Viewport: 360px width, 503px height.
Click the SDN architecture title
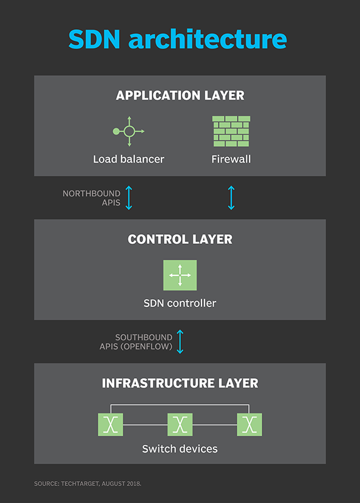pyautogui.click(x=177, y=39)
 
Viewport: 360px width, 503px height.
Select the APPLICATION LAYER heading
pyautogui.click(x=180, y=95)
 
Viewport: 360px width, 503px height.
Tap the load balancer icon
pyautogui.click(x=129, y=131)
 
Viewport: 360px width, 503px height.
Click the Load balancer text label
pyautogui.click(x=129, y=159)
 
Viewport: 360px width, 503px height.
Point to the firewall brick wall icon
pyautogui.click(x=231, y=131)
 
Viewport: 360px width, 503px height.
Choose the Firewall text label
pyautogui.click(x=231, y=159)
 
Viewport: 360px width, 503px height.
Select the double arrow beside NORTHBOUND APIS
pyautogui.click(x=129, y=198)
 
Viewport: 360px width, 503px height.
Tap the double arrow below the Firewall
pyautogui.click(x=231, y=198)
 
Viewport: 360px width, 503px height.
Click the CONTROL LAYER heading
pyautogui.click(x=180, y=239)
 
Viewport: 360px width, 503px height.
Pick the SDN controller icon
pyautogui.click(x=180, y=275)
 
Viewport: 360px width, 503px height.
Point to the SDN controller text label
pyautogui.click(x=180, y=303)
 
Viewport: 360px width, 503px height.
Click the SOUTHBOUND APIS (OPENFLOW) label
pyautogui.click(x=136, y=342)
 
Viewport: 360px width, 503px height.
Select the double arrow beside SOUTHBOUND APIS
pyautogui.click(x=180, y=342)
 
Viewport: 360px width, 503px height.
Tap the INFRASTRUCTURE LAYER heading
pyautogui.click(x=180, y=383)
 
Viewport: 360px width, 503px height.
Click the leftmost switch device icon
pyautogui.click(x=110, y=424)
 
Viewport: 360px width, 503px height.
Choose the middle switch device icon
pyautogui.click(x=180, y=424)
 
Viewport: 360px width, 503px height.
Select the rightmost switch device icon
pyautogui.click(x=250, y=424)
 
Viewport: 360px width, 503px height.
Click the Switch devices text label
pyautogui.click(x=180, y=449)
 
